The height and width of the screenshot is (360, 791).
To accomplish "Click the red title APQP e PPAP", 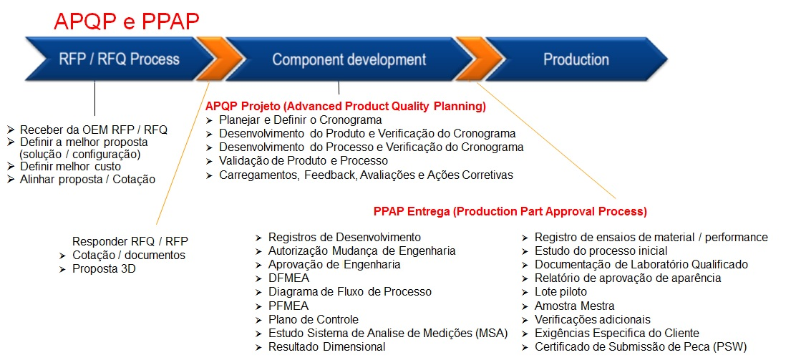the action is click(126, 21).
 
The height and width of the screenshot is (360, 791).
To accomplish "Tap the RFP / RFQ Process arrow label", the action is click(119, 59).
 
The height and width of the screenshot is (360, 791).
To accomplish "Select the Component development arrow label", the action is click(349, 59).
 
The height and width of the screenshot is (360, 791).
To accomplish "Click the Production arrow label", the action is click(576, 59).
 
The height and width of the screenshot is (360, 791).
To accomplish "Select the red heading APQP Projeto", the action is click(346, 107).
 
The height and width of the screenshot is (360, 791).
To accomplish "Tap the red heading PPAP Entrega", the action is click(510, 211).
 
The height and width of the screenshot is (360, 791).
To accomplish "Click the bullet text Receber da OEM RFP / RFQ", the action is click(93, 130).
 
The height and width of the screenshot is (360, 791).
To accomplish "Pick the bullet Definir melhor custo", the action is click(70, 166).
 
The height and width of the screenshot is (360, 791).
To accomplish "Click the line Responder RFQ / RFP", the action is click(130, 240).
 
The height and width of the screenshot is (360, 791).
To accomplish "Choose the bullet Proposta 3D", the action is click(104, 268).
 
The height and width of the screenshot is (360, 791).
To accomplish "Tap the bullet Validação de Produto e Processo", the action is click(304, 161).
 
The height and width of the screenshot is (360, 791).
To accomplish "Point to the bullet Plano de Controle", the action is click(314, 320).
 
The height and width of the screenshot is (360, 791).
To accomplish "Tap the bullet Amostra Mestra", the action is click(574, 306).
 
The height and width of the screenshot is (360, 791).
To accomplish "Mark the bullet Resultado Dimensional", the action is click(326, 347).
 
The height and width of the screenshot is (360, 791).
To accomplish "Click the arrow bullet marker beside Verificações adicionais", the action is click(525, 320).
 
